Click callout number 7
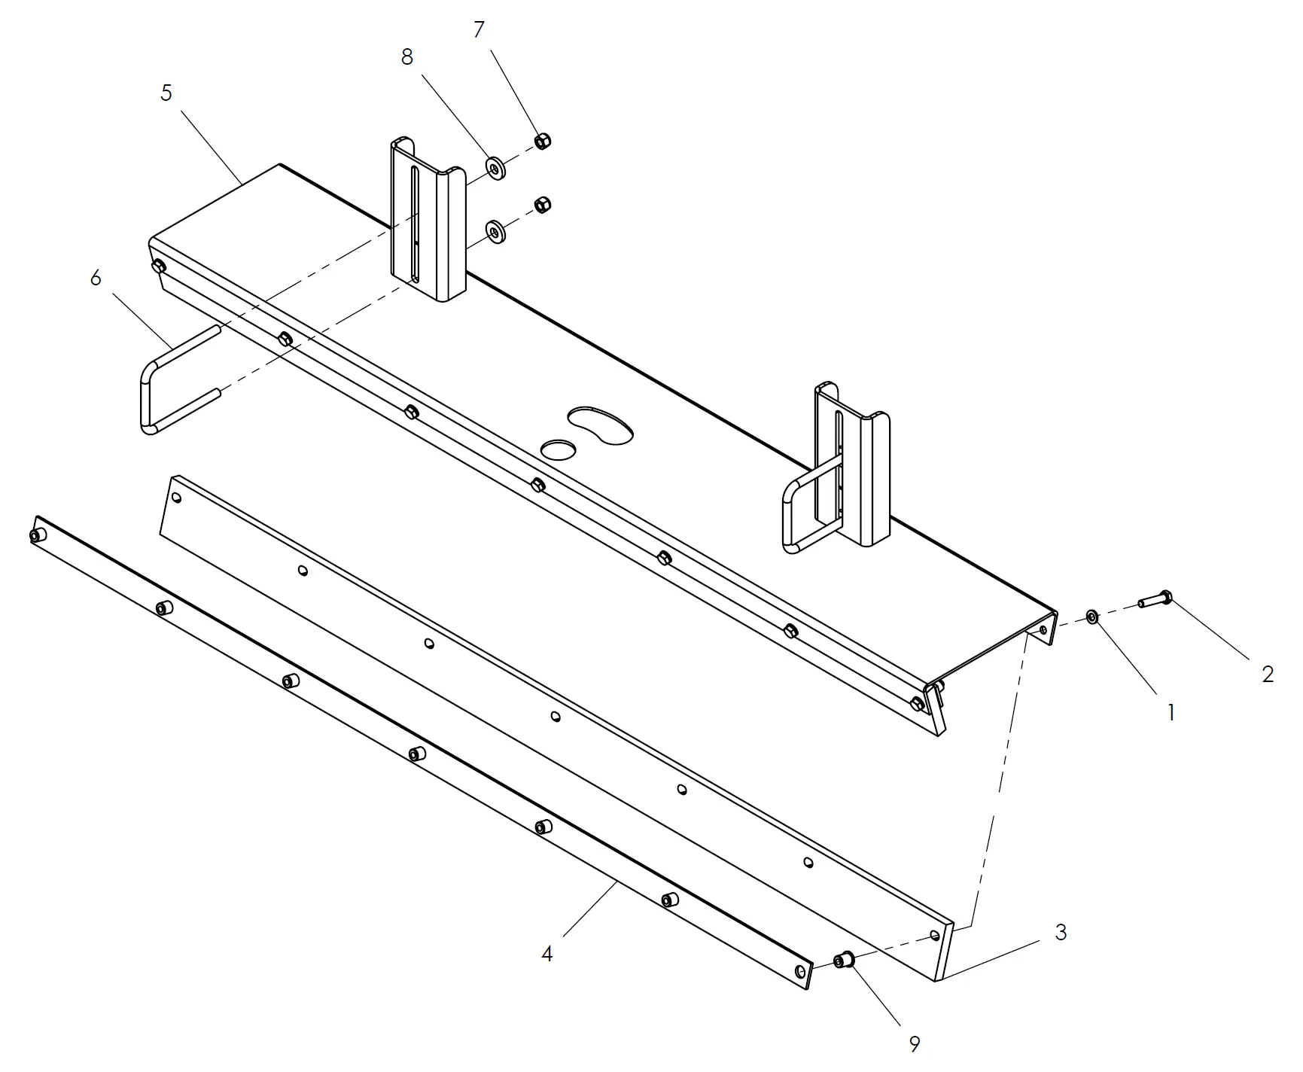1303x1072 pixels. (x=479, y=30)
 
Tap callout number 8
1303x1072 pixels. (x=407, y=57)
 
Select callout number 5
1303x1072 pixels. (x=166, y=93)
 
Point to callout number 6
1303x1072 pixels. (x=96, y=279)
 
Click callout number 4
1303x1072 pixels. (x=547, y=954)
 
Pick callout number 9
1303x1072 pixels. (x=915, y=1044)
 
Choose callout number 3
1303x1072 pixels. (x=1061, y=933)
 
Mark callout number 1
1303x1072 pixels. (x=1171, y=712)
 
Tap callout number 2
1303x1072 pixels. (x=1268, y=675)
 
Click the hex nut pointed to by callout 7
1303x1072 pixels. (x=542, y=140)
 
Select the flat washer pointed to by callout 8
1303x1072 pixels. (x=495, y=167)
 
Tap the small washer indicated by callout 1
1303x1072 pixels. (x=1092, y=617)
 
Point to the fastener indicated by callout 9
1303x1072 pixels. (x=843, y=960)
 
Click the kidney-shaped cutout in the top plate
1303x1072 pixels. (x=601, y=426)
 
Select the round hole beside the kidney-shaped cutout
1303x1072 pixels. (x=559, y=450)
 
